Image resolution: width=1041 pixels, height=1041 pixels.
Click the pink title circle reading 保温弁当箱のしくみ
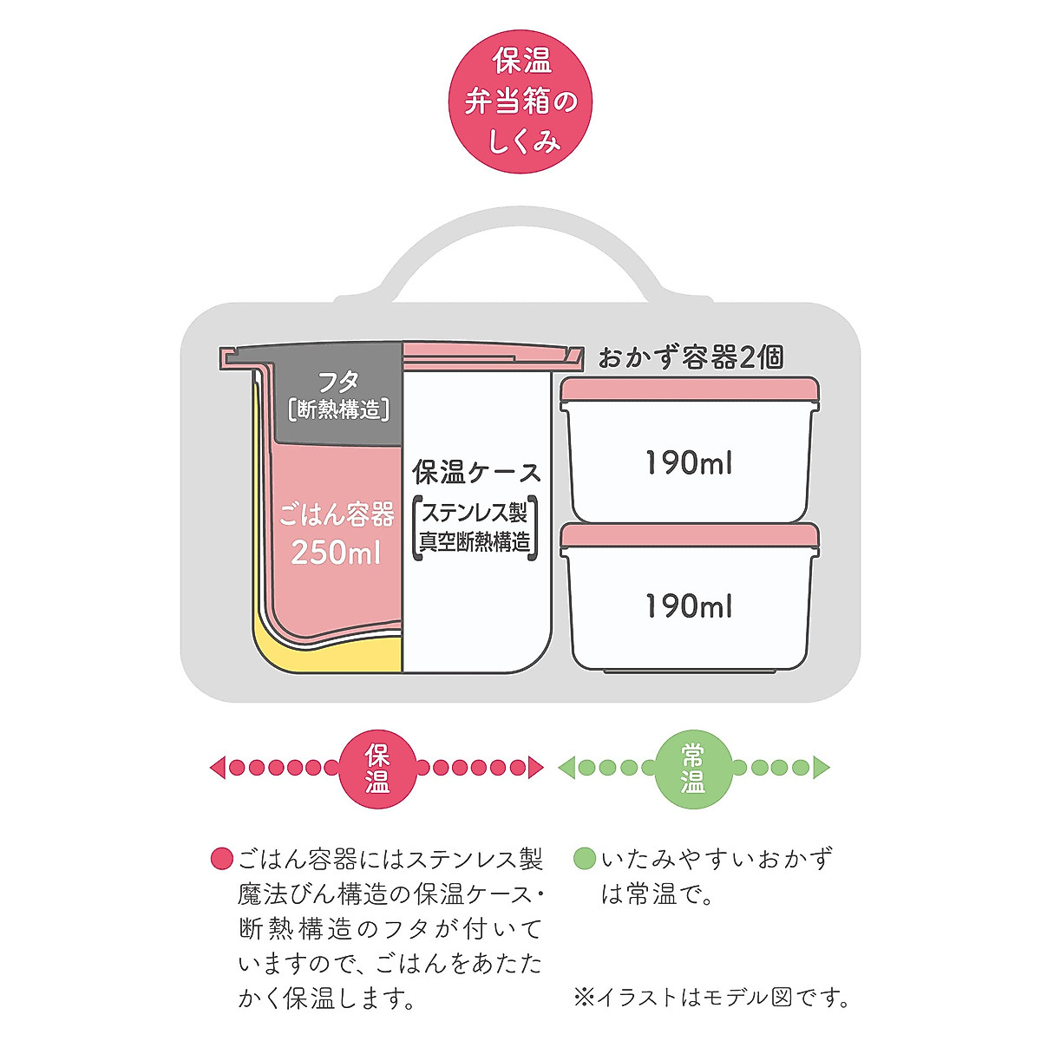click(x=520, y=102)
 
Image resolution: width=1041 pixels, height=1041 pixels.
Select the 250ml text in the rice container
click(x=336, y=553)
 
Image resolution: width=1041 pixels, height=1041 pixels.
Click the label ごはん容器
click(x=337, y=514)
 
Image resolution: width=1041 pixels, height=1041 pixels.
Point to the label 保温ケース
click(x=476, y=473)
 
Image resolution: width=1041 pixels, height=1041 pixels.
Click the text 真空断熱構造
click(x=475, y=542)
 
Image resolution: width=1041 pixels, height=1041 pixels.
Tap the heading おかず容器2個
click(x=691, y=357)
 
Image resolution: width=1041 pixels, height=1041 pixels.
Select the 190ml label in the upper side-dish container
click(x=689, y=463)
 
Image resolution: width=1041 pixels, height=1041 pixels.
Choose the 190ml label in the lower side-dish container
click(x=689, y=606)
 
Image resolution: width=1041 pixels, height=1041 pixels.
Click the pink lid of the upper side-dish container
click(x=689, y=390)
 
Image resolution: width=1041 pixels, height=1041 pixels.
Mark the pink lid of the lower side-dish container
click(x=689, y=534)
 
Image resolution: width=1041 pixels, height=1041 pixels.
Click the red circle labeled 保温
click(x=377, y=767)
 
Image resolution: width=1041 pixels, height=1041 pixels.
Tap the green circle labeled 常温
click(x=692, y=767)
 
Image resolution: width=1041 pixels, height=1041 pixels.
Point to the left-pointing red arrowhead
click(x=218, y=767)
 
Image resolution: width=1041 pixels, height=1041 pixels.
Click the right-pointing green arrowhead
click(x=822, y=767)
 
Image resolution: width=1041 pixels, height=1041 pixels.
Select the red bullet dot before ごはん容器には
click(x=222, y=859)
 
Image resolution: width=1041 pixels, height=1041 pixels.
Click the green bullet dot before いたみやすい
click(x=585, y=859)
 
